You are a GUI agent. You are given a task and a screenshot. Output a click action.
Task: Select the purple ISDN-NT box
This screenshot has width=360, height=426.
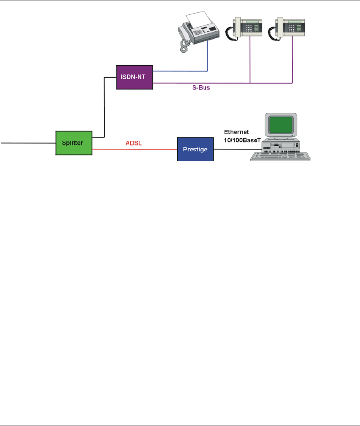click(134, 77)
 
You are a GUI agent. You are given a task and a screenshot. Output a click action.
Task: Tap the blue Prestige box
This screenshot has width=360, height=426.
click(195, 149)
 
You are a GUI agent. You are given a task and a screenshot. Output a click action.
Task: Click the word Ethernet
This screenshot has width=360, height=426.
click(237, 132)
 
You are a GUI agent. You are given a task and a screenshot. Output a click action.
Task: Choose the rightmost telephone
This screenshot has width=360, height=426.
click(285, 29)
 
